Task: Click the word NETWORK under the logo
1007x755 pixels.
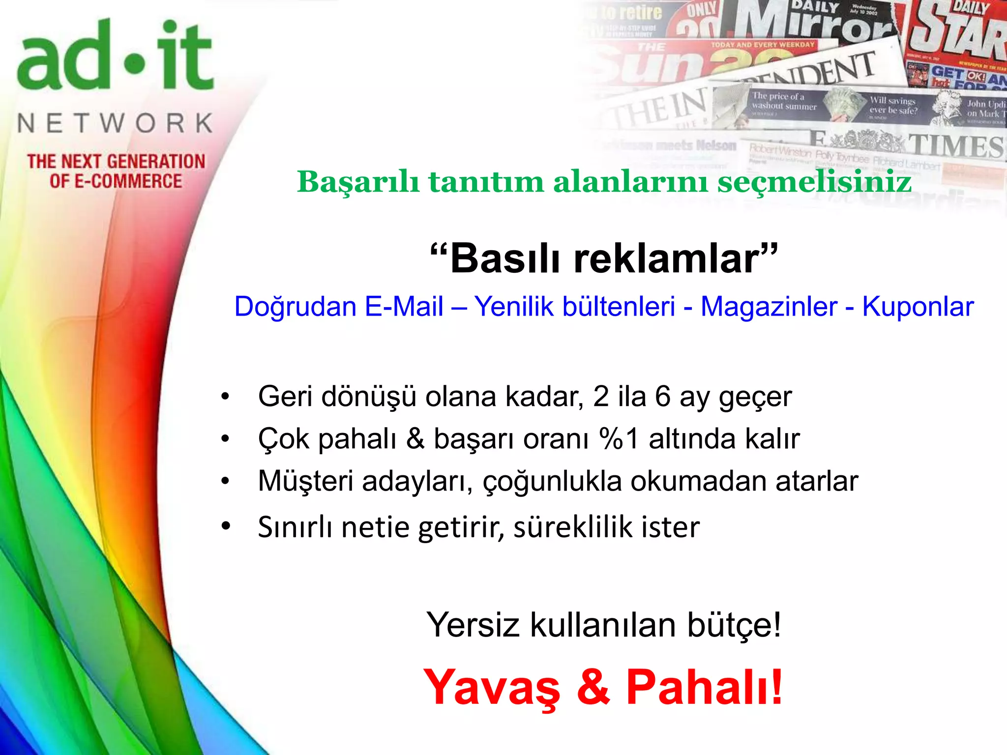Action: (x=116, y=123)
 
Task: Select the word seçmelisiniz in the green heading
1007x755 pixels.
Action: (x=814, y=181)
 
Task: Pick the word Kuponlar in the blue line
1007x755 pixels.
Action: (x=918, y=307)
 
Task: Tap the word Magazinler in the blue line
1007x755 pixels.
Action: (x=769, y=307)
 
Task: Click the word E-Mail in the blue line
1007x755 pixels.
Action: (x=404, y=307)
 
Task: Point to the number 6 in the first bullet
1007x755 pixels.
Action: (x=662, y=396)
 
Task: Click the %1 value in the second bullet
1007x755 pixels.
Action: (x=619, y=438)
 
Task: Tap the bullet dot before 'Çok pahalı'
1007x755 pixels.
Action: (x=225, y=438)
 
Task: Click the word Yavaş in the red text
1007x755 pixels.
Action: (x=492, y=687)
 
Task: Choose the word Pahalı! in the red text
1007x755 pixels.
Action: (x=704, y=687)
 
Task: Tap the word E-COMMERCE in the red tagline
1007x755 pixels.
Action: (x=128, y=181)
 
